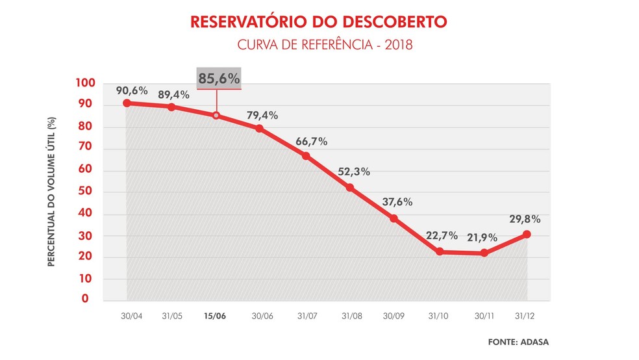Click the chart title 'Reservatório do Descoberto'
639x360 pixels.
(318, 21)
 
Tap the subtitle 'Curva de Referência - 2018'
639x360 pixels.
(318, 46)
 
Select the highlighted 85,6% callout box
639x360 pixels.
(219, 79)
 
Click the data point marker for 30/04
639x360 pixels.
(127, 103)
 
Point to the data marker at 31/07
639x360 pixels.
(305, 156)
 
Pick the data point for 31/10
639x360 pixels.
(440, 251)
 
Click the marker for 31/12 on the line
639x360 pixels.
(527, 234)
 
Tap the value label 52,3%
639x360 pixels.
(354, 172)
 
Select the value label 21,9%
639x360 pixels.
(482, 236)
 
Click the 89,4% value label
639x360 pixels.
(173, 95)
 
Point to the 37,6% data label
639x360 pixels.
(397, 201)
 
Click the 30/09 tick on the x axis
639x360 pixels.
(394, 316)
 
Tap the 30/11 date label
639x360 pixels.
(482, 316)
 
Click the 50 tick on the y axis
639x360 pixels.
(89, 192)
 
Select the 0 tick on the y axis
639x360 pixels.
(93, 300)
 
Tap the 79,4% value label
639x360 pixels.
(262, 116)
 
